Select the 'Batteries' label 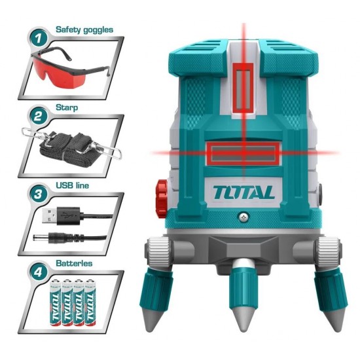(x=75, y=262)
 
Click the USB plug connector (x=52, y=213)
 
